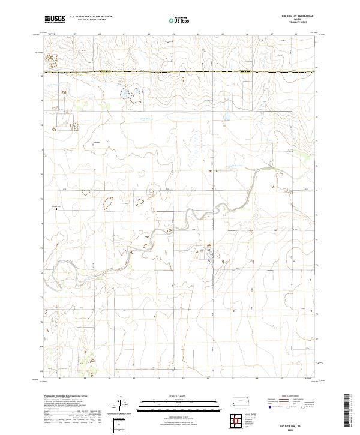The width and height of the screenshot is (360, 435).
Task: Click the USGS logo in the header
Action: [54, 19]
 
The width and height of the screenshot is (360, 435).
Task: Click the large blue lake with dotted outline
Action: [129, 94]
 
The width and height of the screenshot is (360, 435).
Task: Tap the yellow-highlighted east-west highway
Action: [180, 73]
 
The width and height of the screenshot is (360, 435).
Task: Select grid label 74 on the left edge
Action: [41, 223]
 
